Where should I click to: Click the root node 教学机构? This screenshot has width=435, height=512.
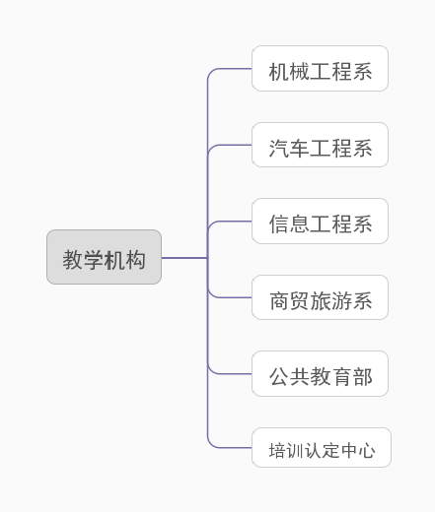104,258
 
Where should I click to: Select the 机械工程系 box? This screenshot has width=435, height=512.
320,69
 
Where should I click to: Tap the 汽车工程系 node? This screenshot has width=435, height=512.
320,146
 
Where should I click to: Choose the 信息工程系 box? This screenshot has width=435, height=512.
320,222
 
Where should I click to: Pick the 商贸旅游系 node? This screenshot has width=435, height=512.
320,298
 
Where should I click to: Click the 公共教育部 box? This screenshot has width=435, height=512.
320,374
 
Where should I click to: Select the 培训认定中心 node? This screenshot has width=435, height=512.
322,448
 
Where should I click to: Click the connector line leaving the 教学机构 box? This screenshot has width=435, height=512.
183,258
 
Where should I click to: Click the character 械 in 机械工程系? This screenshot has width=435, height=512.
300,71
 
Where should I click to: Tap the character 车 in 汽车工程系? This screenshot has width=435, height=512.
300,148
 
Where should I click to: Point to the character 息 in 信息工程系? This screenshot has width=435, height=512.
300,224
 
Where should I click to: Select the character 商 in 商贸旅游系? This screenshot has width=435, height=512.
279,300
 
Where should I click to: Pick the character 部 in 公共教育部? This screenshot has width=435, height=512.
362,376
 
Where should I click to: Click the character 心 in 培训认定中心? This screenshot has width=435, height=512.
366,450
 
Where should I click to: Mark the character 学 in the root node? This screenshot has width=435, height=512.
94,259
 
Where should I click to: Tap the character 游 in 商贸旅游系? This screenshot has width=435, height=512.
341,300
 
